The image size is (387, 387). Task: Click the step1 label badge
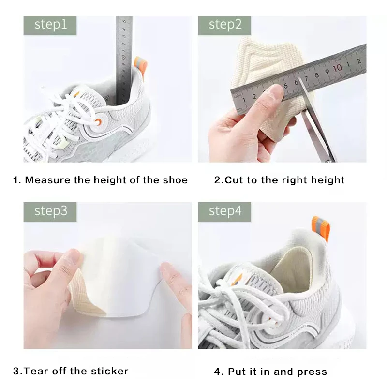50,25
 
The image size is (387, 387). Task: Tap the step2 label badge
225,25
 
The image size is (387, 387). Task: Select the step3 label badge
50,211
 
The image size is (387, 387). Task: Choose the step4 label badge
225,211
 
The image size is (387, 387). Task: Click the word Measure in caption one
45,180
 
